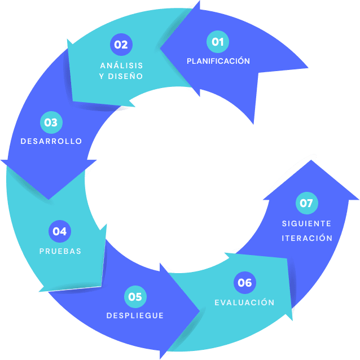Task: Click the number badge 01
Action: (218, 42)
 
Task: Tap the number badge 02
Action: (121, 45)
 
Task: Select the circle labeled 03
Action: (51, 122)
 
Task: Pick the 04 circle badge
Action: (60, 231)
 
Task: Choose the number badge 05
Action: (135, 296)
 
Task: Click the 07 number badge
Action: (306, 204)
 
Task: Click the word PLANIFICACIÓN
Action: (218, 61)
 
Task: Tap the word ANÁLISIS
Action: (121, 65)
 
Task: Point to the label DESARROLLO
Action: (51, 141)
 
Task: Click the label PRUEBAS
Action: (60, 251)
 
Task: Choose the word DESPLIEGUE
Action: (135, 315)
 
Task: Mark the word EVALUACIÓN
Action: (244, 302)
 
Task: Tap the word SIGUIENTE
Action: (307, 223)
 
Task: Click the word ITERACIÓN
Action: (307, 238)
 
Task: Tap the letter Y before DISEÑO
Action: (102, 76)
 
